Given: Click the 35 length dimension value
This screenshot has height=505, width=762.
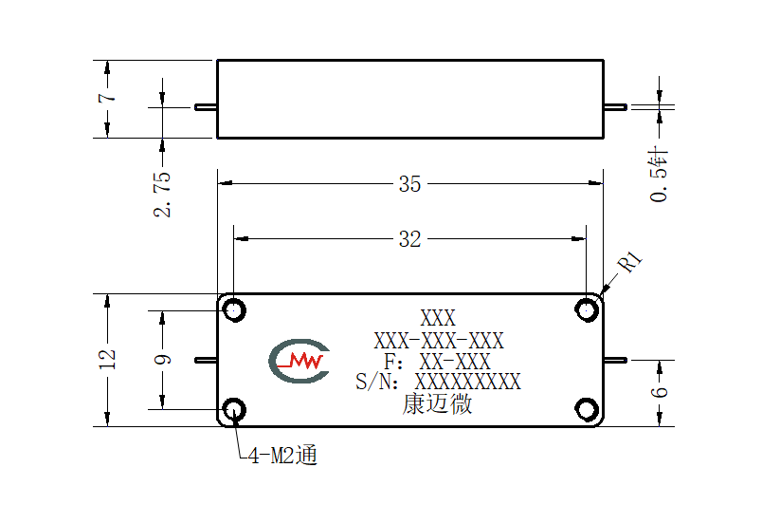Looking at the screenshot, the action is (x=409, y=184).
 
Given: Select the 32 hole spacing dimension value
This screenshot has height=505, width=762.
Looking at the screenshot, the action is (x=409, y=239).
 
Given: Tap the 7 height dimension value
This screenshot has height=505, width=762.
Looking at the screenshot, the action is (x=107, y=98).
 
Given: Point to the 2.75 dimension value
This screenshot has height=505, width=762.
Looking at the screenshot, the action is (x=162, y=194).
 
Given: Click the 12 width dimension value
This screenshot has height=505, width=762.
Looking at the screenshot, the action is (x=107, y=359).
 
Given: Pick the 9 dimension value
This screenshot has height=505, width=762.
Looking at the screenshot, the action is (x=162, y=360).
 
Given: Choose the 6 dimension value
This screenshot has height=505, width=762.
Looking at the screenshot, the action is (x=659, y=392).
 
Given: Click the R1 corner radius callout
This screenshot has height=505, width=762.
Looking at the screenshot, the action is (x=630, y=262).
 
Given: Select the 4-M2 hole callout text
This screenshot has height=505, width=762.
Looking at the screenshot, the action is (x=282, y=456).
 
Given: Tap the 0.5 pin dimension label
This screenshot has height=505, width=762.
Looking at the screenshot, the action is (x=659, y=174).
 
